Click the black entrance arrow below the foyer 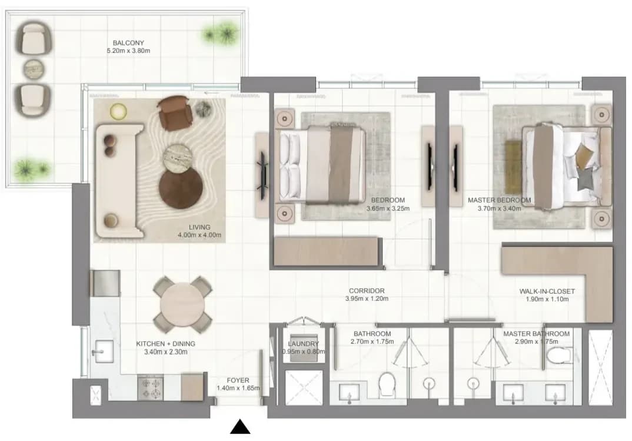click(x=240, y=427)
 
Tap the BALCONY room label click(x=128, y=43)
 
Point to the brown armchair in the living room click(x=175, y=113)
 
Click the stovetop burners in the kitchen click(x=150, y=388)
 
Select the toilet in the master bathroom click(x=560, y=354)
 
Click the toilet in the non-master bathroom click(x=387, y=384)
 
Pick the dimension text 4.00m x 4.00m click(x=199, y=235)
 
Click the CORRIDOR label click(x=367, y=291)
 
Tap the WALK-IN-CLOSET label click(x=547, y=291)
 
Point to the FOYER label click(x=238, y=380)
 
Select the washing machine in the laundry click(x=302, y=347)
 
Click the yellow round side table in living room click(x=118, y=112)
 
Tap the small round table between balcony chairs click(x=33, y=69)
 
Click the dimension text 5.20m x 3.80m click(x=128, y=51)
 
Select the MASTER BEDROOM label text click(x=500, y=200)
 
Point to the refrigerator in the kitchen click(x=105, y=283)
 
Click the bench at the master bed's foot click(x=514, y=167)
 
